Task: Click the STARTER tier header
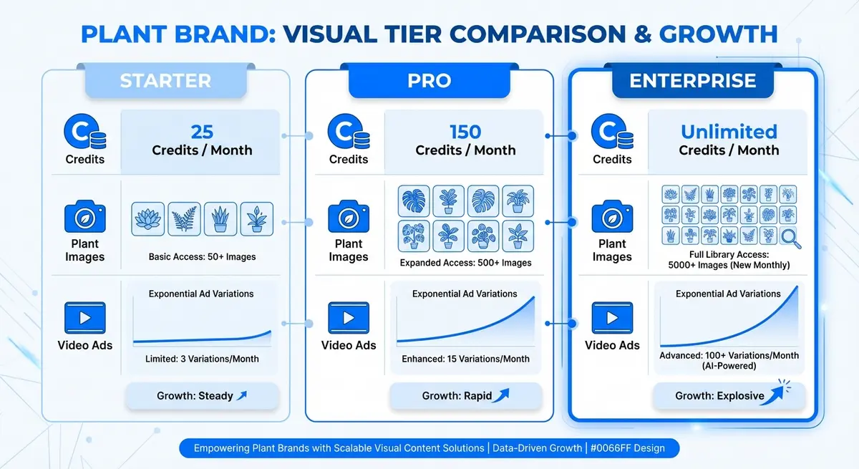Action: click(x=165, y=80)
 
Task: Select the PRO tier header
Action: click(x=429, y=80)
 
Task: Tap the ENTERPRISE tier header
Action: click(x=692, y=80)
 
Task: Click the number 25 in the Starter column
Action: click(x=202, y=132)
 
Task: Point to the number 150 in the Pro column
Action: click(x=465, y=132)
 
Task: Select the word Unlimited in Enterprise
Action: click(x=729, y=132)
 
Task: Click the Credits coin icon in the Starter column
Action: click(x=84, y=132)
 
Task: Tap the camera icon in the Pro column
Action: click(x=348, y=217)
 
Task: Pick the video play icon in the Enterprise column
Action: click(x=611, y=318)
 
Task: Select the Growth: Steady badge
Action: click(x=202, y=395)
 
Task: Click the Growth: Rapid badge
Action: click(x=465, y=395)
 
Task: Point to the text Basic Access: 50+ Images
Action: click(x=202, y=256)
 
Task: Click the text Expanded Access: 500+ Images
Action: click(x=465, y=263)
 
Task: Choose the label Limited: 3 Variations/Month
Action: click(x=202, y=358)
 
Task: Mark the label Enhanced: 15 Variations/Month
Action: click(x=465, y=358)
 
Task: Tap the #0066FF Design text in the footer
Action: click(x=626, y=448)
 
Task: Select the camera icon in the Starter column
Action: click(x=84, y=217)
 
